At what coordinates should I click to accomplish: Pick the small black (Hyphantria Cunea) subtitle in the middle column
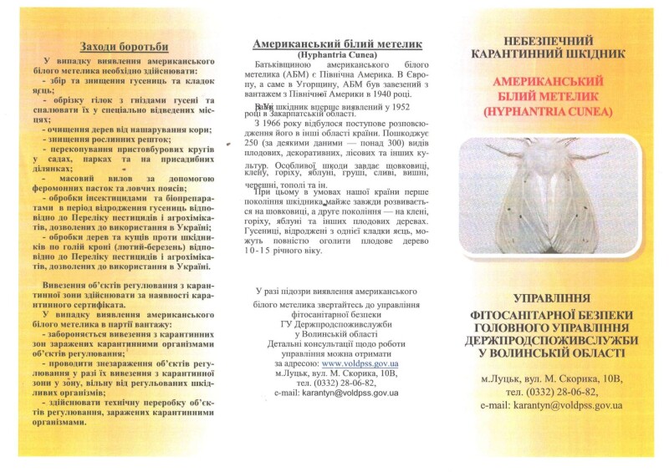point(337,55)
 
